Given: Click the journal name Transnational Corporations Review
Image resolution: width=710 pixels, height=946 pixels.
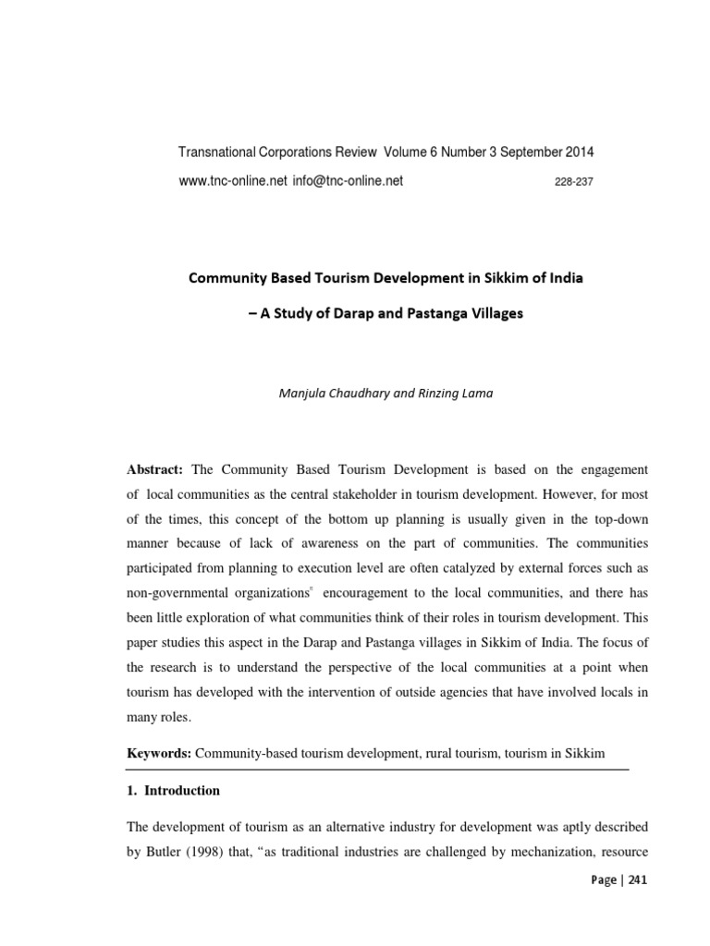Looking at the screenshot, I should [281, 152].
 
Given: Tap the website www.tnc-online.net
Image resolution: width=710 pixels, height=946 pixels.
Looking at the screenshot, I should [232, 181].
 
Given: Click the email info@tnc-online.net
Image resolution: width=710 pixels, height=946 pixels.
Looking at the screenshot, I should [348, 181].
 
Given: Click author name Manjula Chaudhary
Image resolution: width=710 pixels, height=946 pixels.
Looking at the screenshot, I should [326, 393].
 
